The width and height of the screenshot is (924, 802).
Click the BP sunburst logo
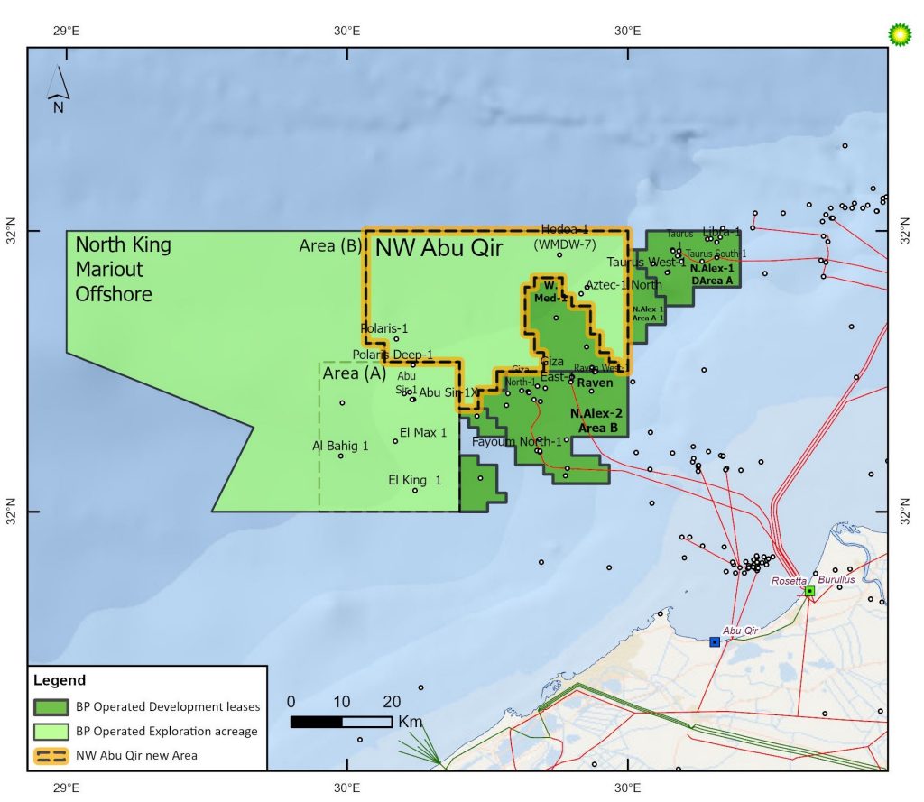point(900,33)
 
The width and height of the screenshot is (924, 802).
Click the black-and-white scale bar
point(340,722)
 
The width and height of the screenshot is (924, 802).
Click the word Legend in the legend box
point(60,680)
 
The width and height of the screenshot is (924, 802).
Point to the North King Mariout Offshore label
point(123,269)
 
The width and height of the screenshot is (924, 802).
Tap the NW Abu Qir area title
point(439,248)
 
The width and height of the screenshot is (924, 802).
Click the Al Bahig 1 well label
point(340,446)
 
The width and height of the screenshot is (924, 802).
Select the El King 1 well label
point(414,480)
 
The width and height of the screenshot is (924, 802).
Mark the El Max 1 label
point(423,433)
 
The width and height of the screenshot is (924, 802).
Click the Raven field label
point(595,383)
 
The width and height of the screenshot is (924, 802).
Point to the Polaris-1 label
point(384,327)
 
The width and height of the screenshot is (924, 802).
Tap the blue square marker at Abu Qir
point(715,641)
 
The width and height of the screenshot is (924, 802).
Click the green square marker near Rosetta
point(810,591)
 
